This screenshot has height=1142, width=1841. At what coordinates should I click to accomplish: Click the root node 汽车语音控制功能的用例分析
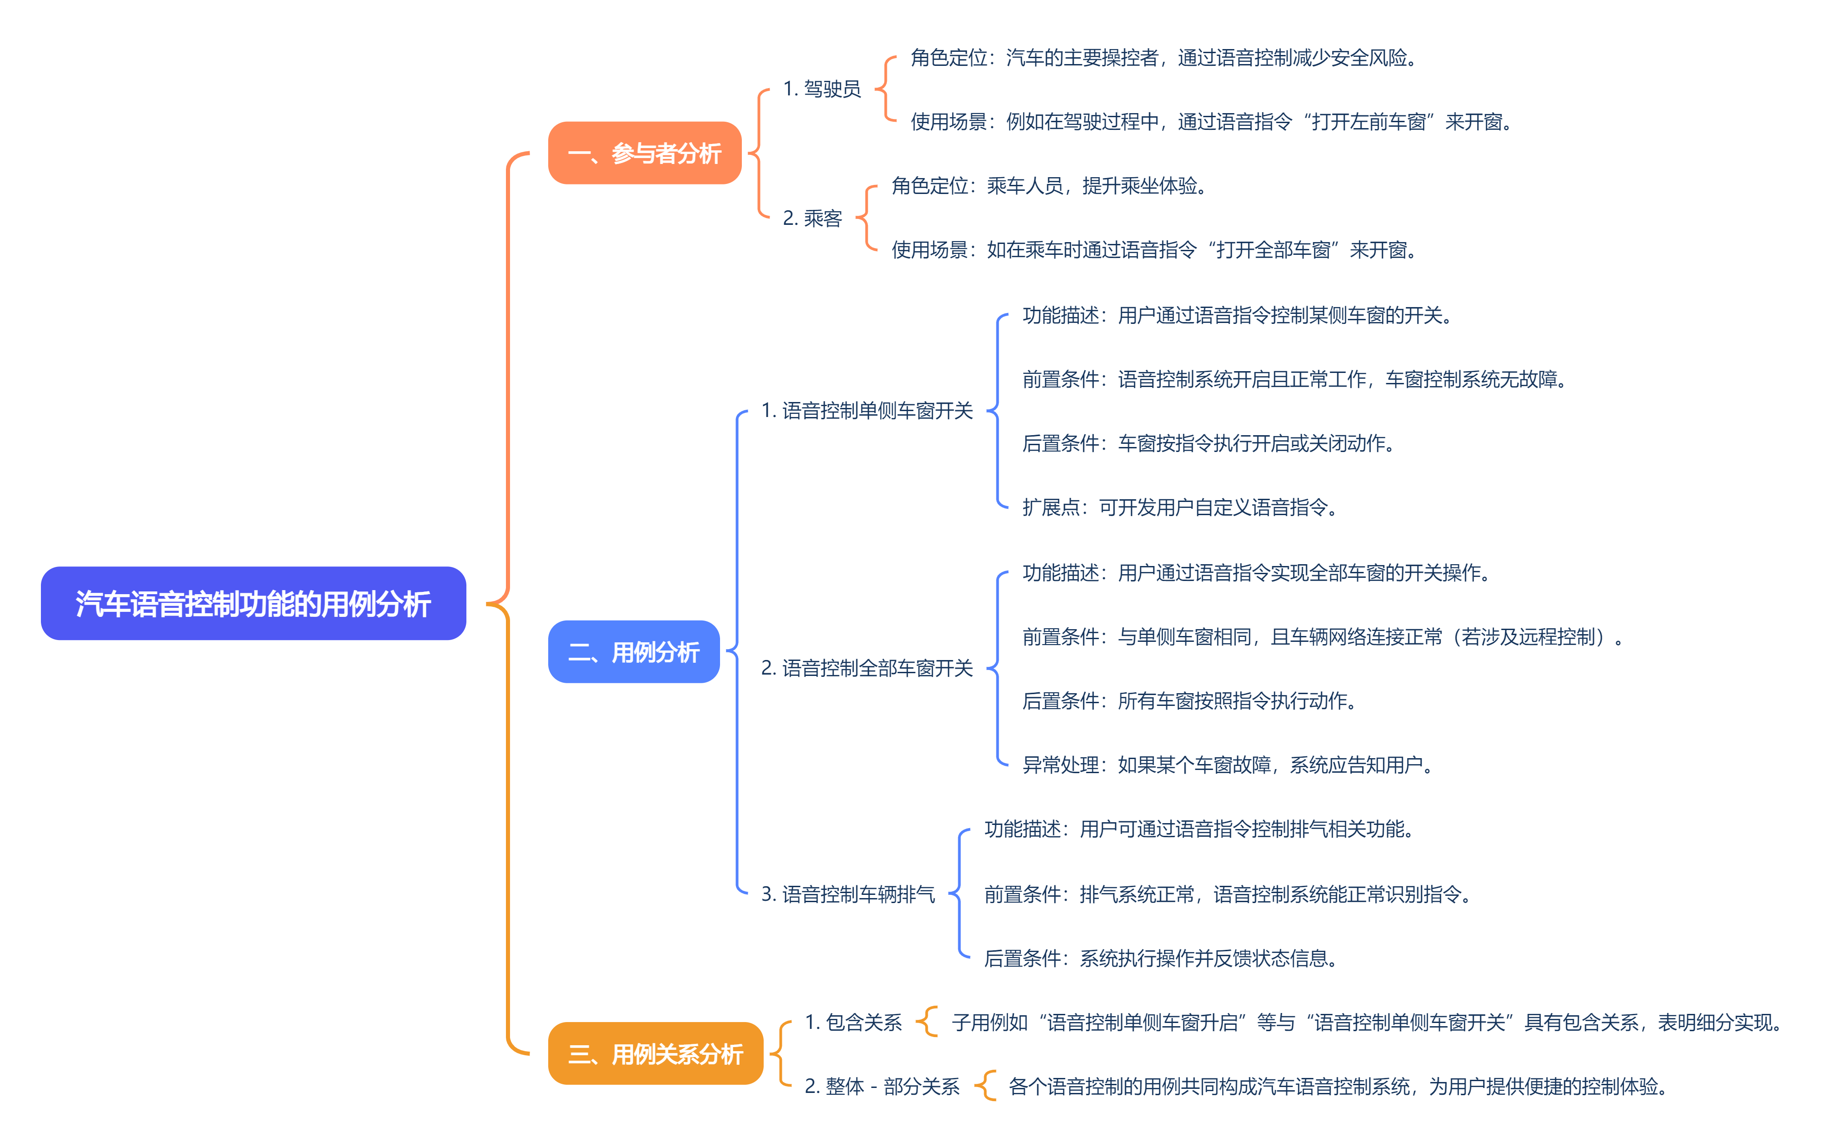click(253, 603)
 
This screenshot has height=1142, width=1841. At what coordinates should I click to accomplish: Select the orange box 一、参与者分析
click(645, 154)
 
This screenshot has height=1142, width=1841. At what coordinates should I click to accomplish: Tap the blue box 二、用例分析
click(633, 652)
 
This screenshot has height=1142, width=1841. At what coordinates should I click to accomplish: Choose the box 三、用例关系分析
click(655, 1053)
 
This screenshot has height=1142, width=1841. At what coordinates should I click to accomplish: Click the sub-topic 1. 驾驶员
click(821, 89)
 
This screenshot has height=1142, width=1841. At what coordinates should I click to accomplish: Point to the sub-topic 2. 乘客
click(812, 218)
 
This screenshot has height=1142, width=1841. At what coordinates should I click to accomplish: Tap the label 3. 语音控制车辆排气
click(847, 895)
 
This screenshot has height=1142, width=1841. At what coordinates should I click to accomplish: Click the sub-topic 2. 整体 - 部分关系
click(881, 1087)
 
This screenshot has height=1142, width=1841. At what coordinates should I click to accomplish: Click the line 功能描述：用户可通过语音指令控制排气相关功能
click(1199, 829)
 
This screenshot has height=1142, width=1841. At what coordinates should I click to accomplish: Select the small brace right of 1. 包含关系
click(927, 1023)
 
